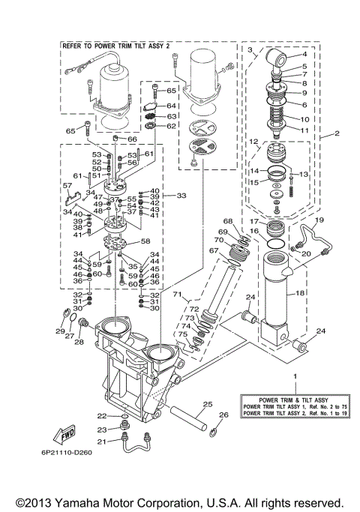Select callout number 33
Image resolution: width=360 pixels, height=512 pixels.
[x=180, y=195]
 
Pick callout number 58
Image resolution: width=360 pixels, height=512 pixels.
[x=145, y=241]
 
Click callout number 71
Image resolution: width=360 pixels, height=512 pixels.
[x=178, y=295]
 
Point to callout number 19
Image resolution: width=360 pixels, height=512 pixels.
[x=319, y=220]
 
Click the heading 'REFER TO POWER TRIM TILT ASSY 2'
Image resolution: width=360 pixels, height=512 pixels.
[x=117, y=46]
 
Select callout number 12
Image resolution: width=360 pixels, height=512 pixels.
[x=254, y=142]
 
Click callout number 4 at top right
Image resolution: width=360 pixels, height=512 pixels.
[x=304, y=54]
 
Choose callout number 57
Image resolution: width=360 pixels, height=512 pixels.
[x=67, y=185]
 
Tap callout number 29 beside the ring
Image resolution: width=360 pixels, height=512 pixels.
[x=61, y=331]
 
